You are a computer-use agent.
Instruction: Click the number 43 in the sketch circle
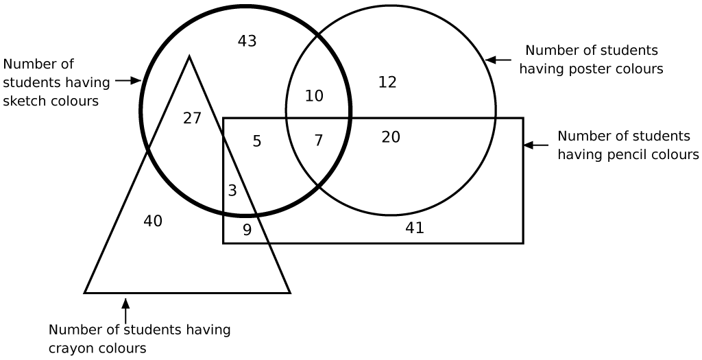point(247,41)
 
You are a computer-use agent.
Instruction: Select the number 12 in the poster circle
point(388,82)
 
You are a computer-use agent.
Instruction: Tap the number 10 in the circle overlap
point(314,96)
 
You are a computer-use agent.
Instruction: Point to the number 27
point(192,118)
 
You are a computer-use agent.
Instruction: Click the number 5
point(257,141)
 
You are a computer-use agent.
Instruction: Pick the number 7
point(318,141)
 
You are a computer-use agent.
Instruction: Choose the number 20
point(391,137)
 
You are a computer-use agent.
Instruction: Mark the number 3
point(232,191)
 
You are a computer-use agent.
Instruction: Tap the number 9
point(247,230)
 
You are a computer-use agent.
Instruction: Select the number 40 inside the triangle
point(153,221)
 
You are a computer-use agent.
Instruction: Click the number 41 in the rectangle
point(415,228)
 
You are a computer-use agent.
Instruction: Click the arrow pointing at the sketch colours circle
point(128,81)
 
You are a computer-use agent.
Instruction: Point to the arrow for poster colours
point(498,60)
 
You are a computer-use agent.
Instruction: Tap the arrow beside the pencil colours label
point(536,145)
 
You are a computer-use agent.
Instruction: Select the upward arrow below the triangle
point(126,311)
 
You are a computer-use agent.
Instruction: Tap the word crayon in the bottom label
point(69,348)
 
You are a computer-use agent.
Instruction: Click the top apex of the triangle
point(189,56)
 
